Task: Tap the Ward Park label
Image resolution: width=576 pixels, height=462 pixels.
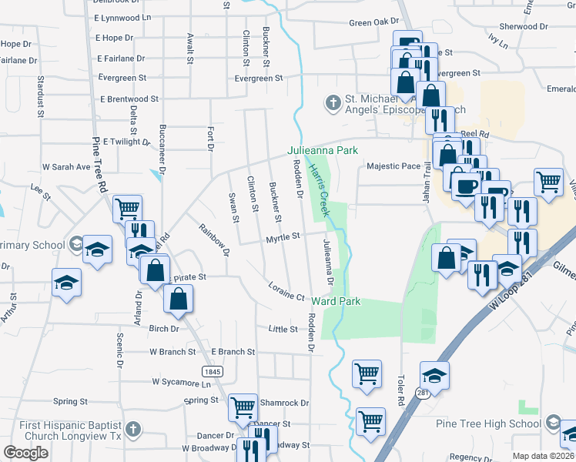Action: pyautogui.click(x=337, y=301)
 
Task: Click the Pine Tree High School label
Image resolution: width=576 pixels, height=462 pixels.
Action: pyautogui.click(x=499, y=423)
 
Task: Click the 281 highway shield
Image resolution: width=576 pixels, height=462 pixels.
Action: pyautogui.click(x=423, y=393)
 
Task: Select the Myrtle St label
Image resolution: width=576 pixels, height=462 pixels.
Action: pyautogui.click(x=283, y=238)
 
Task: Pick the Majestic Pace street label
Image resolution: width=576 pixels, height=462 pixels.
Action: pyautogui.click(x=393, y=166)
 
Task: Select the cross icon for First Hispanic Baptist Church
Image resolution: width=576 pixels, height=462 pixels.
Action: pyautogui.click(x=132, y=429)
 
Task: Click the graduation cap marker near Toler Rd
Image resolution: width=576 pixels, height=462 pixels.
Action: pyautogui.click(x=435, y=375)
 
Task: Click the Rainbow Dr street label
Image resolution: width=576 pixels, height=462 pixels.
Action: pyautogui.click(x=215, y=239)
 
